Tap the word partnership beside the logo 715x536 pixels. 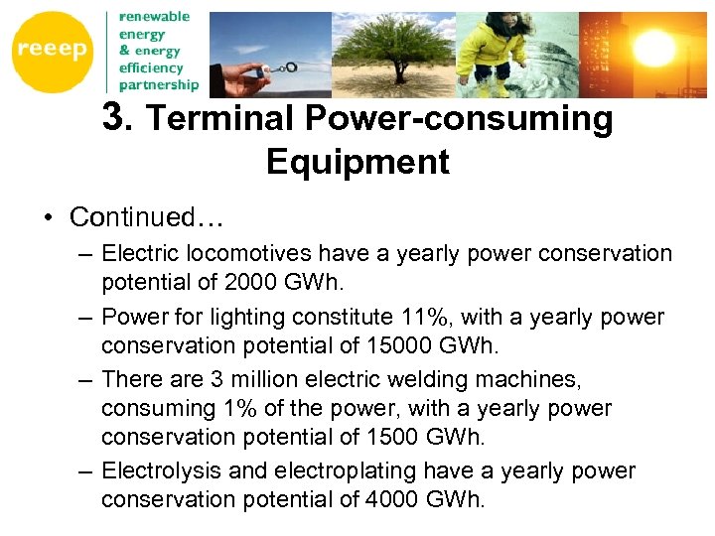pyautogui.click(x=159, y=84)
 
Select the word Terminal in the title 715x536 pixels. pyautogui.click(x=220, y=120)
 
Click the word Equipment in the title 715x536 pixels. pyautogui.click(x=357, y=162)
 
